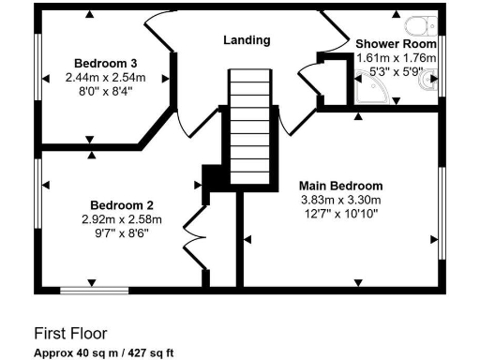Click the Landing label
pyautogui.click(x=247, y=40)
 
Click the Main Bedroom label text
pyautogui.click(x=340, y=185)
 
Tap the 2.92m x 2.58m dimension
pyautogui.click(x=121, y=219)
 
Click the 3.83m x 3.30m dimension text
pyautogui.click(x=340, y=199)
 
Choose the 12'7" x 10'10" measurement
pyautogui.click(x=340, y=213)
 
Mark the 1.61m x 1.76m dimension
pyautogui.click(x=397, y=57)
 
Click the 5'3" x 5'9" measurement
pyautogui.click(x=397, y=70)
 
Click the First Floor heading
pyautogui.click(x=70, y=333)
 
